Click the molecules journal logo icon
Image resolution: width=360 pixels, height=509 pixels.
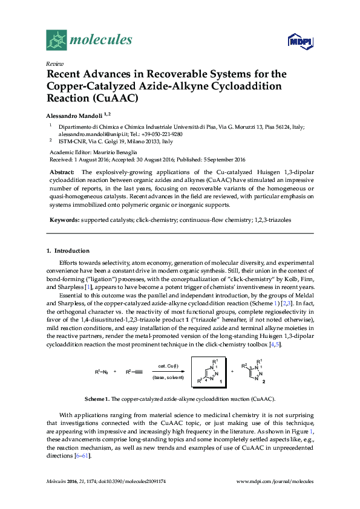(57, 40)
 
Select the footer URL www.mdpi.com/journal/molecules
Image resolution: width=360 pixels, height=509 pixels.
(275, 481)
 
